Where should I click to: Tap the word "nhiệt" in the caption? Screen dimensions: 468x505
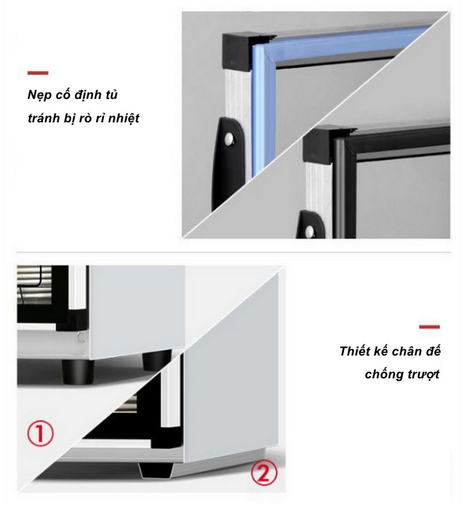(x=123, y=118)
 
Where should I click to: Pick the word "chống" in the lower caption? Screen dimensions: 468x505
(x=380, y=374)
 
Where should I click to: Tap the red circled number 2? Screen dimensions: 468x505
(x=264, y=473)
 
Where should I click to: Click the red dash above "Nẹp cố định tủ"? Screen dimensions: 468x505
(x=38, y=73)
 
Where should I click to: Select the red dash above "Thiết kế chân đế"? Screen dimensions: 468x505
(x=430, y=327)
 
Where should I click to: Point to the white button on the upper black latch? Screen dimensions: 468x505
(x=229, y=139)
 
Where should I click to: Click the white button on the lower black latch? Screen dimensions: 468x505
(x=310, y=231)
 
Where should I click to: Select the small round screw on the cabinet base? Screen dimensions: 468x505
(x=81, y=337)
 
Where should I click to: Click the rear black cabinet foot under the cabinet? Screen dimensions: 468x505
(x=157, y=360)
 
